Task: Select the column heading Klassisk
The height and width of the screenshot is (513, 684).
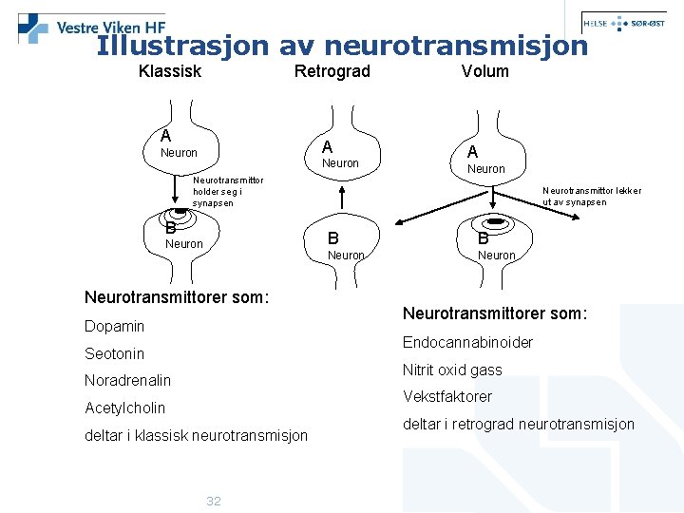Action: tap(170, 71)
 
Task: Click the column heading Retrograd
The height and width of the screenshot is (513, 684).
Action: tap(332, 71)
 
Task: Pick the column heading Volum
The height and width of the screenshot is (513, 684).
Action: tap(485, 71)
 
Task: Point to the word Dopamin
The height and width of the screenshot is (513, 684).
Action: tap(115, 326)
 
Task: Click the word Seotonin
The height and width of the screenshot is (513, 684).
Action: tap(115, 353)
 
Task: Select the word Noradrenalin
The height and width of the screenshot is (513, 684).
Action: tap(128, 380)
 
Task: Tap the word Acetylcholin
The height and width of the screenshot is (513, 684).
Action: tap(125, 408)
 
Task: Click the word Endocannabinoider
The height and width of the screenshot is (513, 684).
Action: tap(468, 342)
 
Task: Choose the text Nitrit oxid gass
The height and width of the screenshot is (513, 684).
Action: tap(452, 370)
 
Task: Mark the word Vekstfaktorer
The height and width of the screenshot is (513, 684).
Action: tap(447, 396)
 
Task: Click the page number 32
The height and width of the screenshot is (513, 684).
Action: tap(214, 501)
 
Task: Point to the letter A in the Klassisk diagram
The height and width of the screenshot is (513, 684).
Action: tap(166, 136)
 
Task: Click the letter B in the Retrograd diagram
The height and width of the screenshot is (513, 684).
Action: tap(333, 237)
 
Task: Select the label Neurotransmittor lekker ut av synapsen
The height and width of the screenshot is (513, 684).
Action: tap(592, 196)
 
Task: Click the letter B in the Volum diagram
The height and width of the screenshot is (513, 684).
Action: tap(483, 237)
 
